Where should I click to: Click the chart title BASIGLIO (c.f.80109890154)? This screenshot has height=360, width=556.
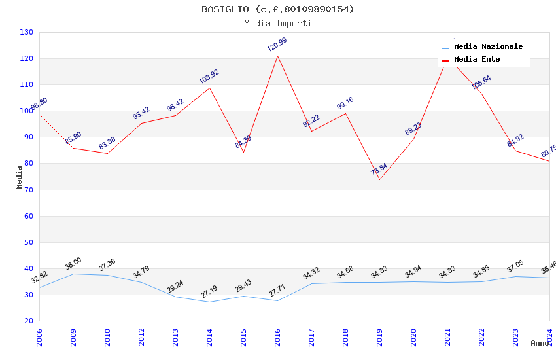tap(278, 9)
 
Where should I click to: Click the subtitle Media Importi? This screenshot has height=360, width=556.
tap(278, 23)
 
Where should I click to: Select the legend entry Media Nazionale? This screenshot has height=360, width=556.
tap(488, 46)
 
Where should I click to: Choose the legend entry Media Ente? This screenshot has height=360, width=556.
tap(477, 59)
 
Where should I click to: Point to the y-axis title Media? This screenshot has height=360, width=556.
tap(20, 177)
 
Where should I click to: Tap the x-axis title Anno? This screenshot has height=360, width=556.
tap(540, 343)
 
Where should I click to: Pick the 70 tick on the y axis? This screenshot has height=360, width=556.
tap(29, 190)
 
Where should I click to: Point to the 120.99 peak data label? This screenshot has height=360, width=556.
tap(277, 45)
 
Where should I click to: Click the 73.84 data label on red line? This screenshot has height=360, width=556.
tap(379, 170)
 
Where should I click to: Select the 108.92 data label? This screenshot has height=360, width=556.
tap(209, 77)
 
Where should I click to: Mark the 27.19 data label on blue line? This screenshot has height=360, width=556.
tap(209, 292)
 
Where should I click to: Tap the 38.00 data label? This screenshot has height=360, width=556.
tap(73, 264)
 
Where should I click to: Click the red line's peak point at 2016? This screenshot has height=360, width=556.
tap(277, 55)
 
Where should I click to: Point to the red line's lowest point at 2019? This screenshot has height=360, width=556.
tap(379, 179)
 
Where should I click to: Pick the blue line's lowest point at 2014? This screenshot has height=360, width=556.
tap(209, 302)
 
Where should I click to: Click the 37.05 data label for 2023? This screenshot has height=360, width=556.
tap(515, 266)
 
